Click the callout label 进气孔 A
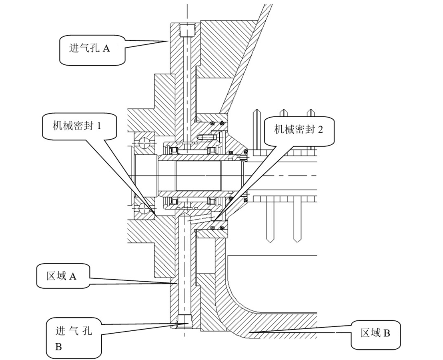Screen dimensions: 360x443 [89, 48]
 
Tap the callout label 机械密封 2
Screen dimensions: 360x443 [298, 129]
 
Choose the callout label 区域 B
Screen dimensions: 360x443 [375, 333]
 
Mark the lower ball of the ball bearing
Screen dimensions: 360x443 [143, 208]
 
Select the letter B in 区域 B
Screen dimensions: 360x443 [386, 333]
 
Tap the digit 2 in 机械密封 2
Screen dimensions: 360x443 [320, 130]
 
